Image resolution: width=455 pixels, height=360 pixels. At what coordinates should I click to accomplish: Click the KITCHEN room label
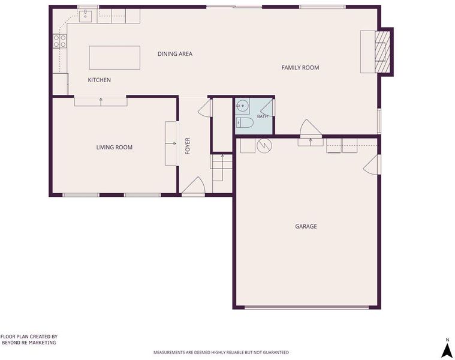pyautogui.click(x=100, y=80)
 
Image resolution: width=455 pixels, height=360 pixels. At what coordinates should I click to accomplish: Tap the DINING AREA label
pyautogui.click(x=175, y=54)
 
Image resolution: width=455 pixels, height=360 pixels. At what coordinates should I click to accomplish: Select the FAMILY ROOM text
pyautogui.click(x=300, y=68)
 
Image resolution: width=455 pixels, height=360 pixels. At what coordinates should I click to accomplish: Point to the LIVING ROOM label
pyautogui.click(x=114, y=147)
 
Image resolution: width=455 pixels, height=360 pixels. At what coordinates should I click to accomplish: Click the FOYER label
pyautogui.click(x=188, y=146)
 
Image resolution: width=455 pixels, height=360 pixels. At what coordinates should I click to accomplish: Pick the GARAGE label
pyautogui.click(x=306, y=226)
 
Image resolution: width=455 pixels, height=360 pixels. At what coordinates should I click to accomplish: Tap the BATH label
pyautogui.click(x=263, y=116)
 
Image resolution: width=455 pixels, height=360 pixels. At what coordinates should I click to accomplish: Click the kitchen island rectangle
pyautogui.click(x=114, y=58)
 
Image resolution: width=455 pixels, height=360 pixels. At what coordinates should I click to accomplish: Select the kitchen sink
pyautogui.click(x=86, y=16)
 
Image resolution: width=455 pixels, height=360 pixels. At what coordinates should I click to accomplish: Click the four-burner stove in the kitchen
pyautogui.click(x=60, y=41)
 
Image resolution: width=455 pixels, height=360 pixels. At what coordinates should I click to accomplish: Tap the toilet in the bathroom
pyautogui.click(x=245, y=123)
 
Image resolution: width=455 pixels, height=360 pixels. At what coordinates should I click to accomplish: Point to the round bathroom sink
pyautogui.click(x=243, y=106)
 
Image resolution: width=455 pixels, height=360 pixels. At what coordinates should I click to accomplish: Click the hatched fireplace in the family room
pyautogui.click(x=382, y=52)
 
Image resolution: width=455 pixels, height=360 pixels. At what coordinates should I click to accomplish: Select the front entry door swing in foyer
pyautogui.click(x=194, y=185)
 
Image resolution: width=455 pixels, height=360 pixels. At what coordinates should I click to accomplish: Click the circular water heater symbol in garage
pyautogui.click(x=264, y=145)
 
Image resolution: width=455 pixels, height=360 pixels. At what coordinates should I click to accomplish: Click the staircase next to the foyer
pyautogui.click(x=222, y=173)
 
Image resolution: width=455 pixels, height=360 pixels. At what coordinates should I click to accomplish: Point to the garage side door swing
pyautogui.click(x=371, y=164)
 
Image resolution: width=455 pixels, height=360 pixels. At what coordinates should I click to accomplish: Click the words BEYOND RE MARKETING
pyautogui.click(x=29, y=343)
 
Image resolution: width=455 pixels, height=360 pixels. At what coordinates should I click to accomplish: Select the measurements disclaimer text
pyautogui.click(x=221, y=352)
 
